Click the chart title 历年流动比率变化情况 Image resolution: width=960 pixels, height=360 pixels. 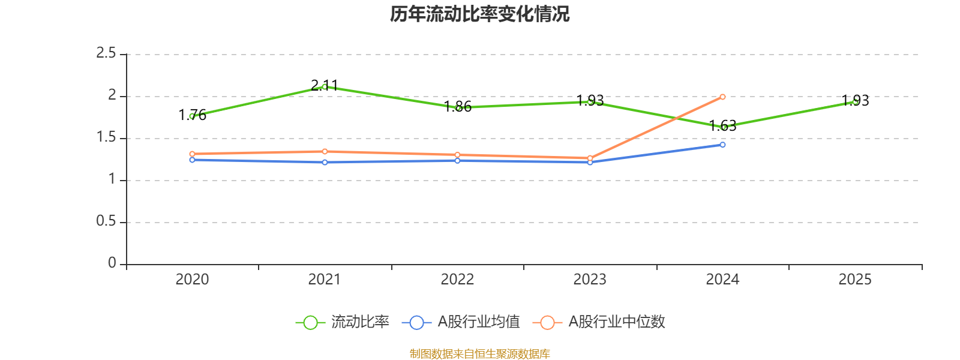pos(479,14)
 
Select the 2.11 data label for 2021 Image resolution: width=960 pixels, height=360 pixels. pos(325,86)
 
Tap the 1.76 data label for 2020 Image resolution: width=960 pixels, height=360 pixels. pos(192,115)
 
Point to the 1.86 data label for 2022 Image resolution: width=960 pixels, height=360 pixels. pos(457,106)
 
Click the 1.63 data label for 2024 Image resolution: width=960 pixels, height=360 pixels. pos(722,125)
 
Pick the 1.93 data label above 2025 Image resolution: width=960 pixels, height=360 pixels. pos(855,100)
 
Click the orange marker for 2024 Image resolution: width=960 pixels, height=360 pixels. pos(722,97)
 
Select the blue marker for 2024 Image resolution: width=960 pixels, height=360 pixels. pos(722,145)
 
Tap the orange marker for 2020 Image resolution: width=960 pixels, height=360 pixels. pos(192,154)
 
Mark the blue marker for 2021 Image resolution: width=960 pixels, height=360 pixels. pos(325,163)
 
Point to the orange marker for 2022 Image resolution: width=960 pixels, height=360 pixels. pos(457,155)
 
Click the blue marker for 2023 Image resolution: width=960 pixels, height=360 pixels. pos(590,163)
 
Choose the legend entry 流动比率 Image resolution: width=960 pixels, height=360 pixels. pos(342,322)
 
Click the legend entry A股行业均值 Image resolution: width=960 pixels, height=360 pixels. pos(461,322)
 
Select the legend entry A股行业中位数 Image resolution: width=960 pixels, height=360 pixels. pos(599,322)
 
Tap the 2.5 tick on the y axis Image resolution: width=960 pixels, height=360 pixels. pos(106,53)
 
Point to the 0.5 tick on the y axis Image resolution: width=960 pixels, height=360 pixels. pos(106,221)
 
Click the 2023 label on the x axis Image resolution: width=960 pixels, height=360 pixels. pos(590,280)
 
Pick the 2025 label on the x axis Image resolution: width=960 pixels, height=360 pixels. pos(855,280)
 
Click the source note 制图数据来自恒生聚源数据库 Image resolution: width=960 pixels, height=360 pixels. pos(479,353)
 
